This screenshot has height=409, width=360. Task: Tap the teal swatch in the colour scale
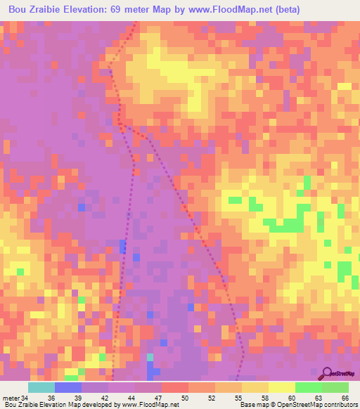(41, 388)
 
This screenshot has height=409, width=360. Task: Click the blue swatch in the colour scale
(67, 388)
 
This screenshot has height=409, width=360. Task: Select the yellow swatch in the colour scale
(281, 388)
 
